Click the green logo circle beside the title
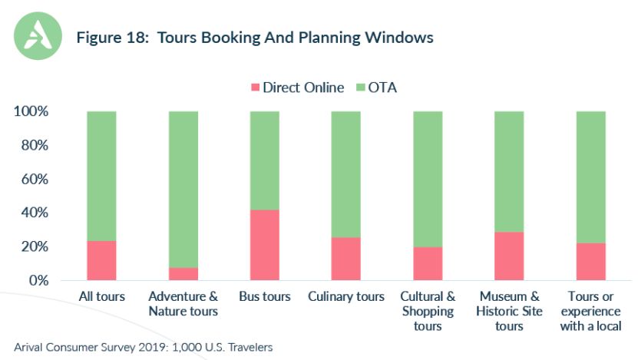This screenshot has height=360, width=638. [x=39, y=36]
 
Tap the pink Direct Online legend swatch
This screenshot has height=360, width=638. [x=254, y=88]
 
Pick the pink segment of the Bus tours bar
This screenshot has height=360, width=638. [x=264, y=245]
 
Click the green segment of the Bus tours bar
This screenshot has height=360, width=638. [x=264, y=160]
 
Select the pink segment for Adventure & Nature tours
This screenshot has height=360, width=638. [x=183, y=273]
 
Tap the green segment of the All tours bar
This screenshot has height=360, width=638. [x=101, y=176]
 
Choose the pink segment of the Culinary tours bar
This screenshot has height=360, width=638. [x=345, y=259]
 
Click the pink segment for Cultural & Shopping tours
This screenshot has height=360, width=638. [x=428, y=263]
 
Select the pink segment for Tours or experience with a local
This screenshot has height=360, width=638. [x=590, y=262]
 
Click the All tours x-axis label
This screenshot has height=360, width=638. [x=102, y=296]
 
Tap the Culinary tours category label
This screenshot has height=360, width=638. [x=345, y=296]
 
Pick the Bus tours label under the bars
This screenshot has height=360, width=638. [x=265, y=296]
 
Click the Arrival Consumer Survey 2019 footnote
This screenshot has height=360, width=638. [x=143, y=347]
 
